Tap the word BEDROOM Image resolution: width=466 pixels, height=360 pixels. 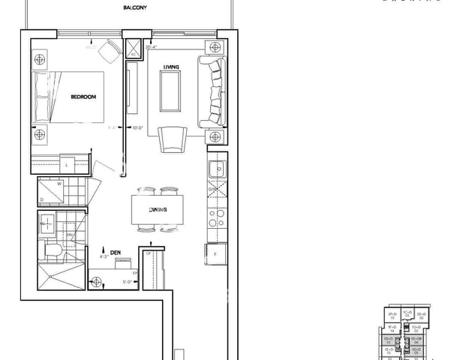pos(83,97)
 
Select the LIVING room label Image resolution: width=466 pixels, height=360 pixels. pos(173,67)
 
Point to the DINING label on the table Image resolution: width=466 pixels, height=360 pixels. pos(158,210)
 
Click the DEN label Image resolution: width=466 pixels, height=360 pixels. pos(116,252)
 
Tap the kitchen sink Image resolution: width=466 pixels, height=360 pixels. pos(215,169)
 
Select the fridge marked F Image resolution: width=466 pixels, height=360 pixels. pos(215,255)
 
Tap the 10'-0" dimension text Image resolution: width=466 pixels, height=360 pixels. pos(138,127)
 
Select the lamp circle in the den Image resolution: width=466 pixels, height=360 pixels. pos(95,282)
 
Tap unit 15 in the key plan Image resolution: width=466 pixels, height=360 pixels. pos(392,318)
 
